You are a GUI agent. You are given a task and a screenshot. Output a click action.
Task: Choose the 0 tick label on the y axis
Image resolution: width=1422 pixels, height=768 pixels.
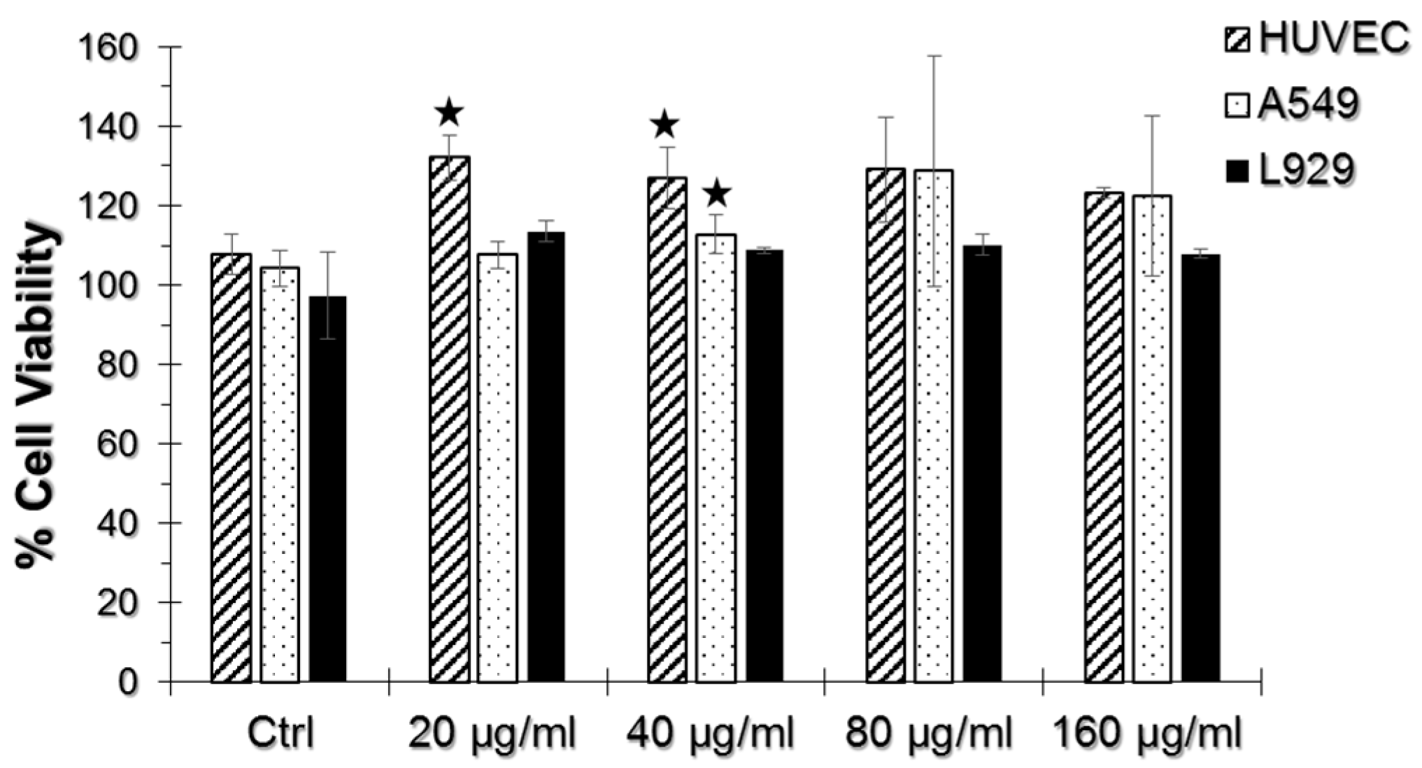(x=128, y=681)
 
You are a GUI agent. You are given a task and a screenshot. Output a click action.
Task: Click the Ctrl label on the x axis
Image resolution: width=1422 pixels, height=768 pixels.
(x=280, y=734)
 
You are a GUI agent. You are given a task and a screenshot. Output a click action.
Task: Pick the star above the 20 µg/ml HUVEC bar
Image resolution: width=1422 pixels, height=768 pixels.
(x=449, y=112)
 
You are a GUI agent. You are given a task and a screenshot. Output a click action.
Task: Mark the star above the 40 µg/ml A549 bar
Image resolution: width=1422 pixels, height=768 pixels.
(x=716, y=194)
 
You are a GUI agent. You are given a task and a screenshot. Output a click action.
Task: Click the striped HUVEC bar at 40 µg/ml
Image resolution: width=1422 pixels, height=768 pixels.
(x=667, y=429)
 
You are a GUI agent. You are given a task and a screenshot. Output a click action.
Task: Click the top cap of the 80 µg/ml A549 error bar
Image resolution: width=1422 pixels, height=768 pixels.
(x=934, y=56)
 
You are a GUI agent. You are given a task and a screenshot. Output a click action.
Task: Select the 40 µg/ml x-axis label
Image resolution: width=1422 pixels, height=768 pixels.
(x=710, y=734)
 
